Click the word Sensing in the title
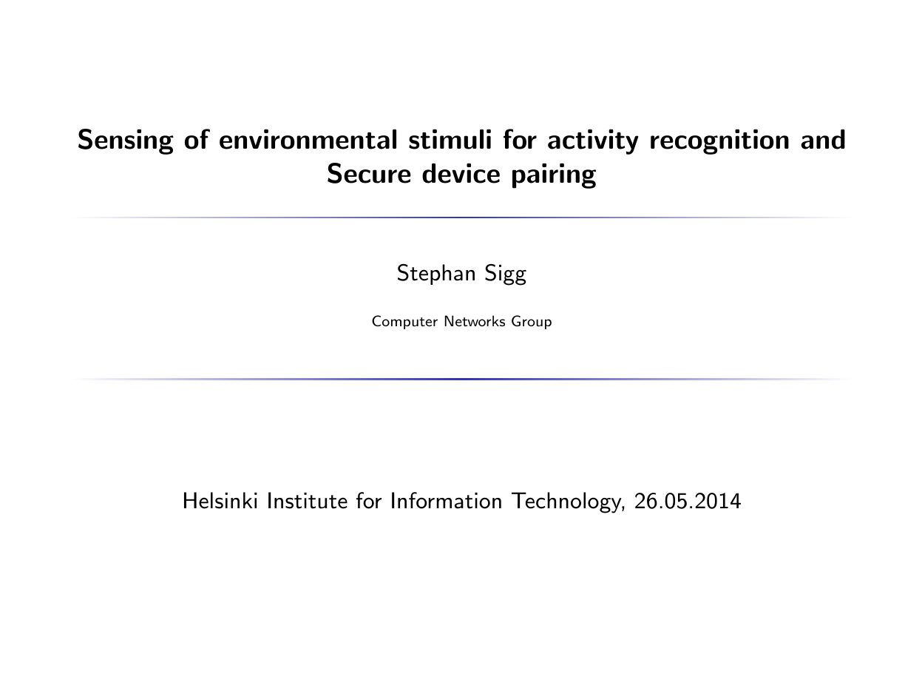[125, 141]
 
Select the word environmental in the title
[308, 140]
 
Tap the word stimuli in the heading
[450, 140]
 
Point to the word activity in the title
[593, 141]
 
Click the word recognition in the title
[719, 141]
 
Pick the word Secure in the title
[369, 174]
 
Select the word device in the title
[461, 174]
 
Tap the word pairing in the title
[554, 175]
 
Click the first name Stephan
[436, 274]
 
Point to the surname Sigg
[505, 274]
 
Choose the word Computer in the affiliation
[404, 322]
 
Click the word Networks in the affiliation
[475, 322]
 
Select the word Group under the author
[532, 323]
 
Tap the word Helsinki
[220, 501]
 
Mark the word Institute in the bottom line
[307, 501]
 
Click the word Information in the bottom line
[446, 501]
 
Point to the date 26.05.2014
[688, 501]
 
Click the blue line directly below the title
[461, 218]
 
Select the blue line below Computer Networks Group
[461, 379]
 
